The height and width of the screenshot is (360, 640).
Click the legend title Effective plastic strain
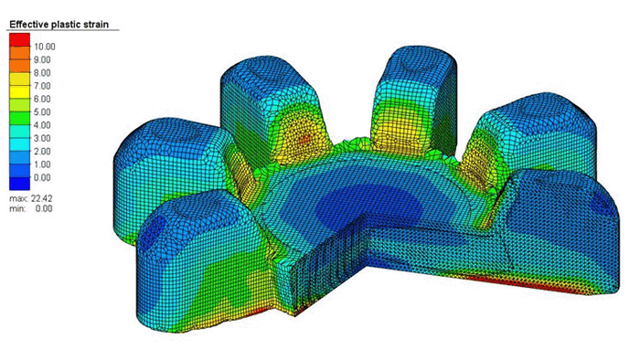coord(59,25)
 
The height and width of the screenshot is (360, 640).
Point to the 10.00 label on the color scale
coord(45,47)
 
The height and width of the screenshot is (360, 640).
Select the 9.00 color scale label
coord(42,60)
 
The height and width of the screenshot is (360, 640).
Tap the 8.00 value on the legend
coord(42,73)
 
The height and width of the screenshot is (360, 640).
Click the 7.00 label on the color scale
coord(42,86)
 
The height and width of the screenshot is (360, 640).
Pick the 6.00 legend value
coord(42,99)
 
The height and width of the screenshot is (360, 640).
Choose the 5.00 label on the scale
coord(42,112)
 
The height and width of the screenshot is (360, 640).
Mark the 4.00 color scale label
coord(42,125)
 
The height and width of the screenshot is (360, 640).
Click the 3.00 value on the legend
coord(42,138)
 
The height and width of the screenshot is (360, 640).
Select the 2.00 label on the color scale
coord(42,152)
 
